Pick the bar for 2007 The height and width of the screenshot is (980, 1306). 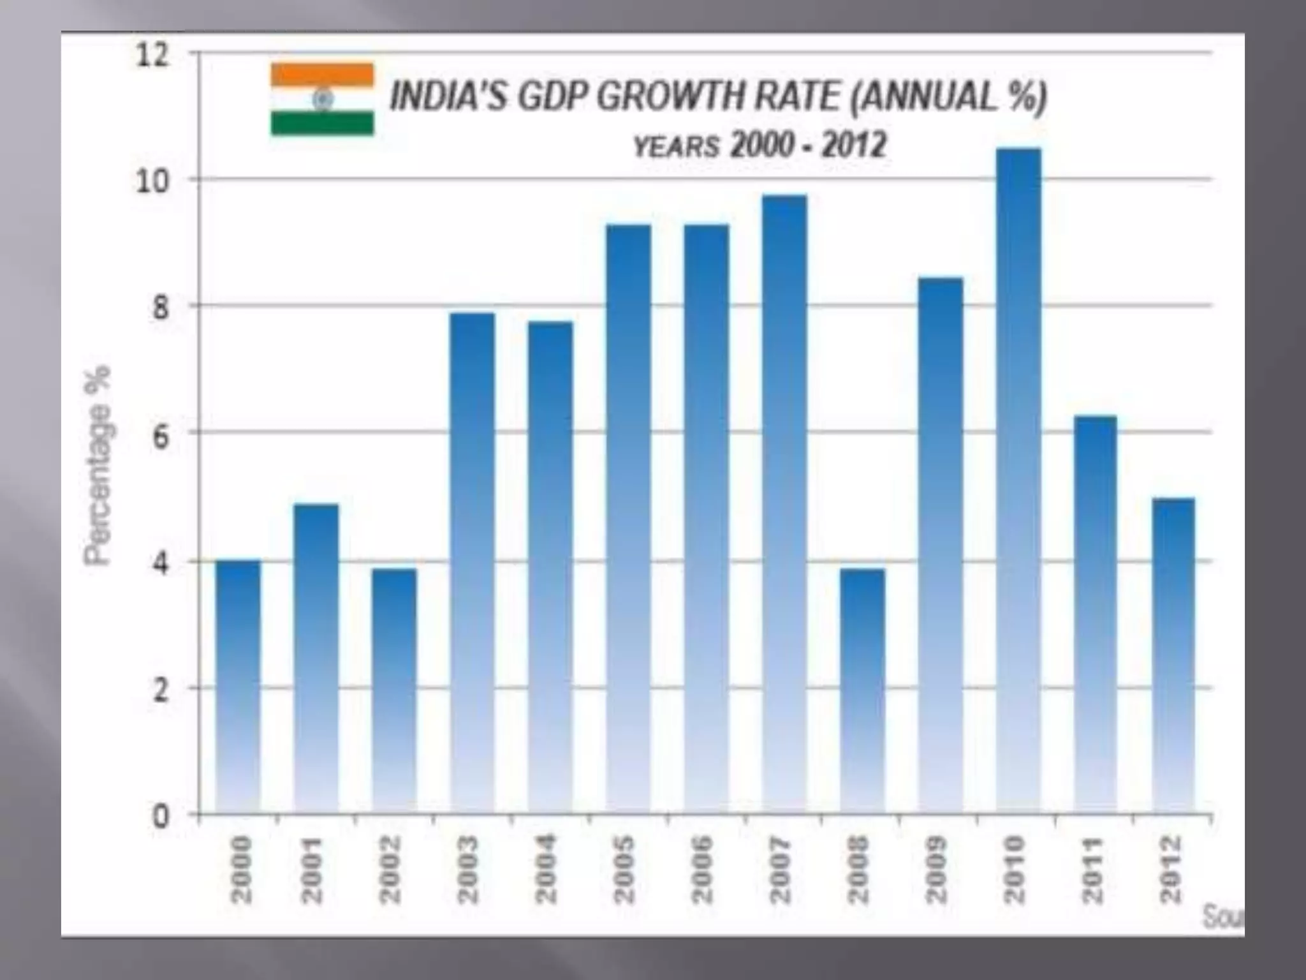tap(784, 504)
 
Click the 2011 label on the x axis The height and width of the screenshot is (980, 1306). tap(1093, 870)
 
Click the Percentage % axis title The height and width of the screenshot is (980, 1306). tap(98, 466)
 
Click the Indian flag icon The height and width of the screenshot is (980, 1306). tap(322, 99)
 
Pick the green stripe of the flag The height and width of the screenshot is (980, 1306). tap(322, 123)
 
